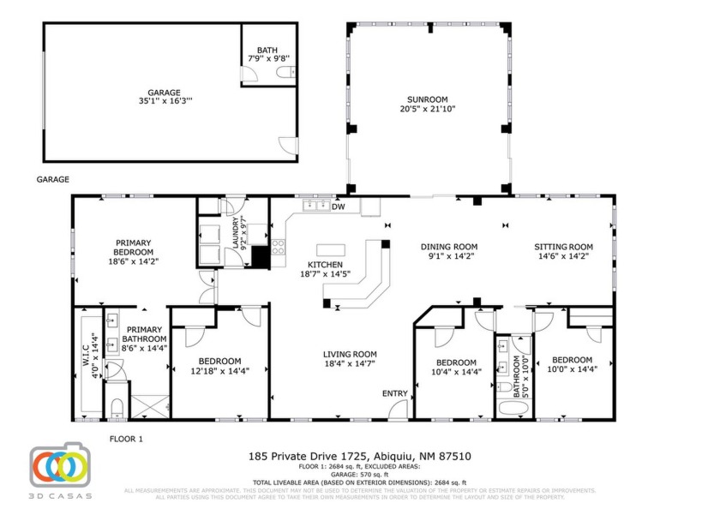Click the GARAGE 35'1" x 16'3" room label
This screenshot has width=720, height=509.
click(x=163, y=96)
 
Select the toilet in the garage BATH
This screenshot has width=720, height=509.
click(x=285, y=75)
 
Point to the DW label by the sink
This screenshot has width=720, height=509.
click(x=338, y=207)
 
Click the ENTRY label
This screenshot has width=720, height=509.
click(x=395, y=393)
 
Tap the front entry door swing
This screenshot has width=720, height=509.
click(x=399, y=410)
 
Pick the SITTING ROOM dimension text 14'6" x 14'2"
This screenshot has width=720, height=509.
click(x=563, y=255)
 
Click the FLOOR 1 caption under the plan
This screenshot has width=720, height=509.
click(x=126, y=439)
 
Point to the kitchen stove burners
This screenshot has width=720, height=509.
click(x=279, y=246)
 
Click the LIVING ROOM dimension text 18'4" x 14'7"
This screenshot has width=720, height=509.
click(x=350, y=364)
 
